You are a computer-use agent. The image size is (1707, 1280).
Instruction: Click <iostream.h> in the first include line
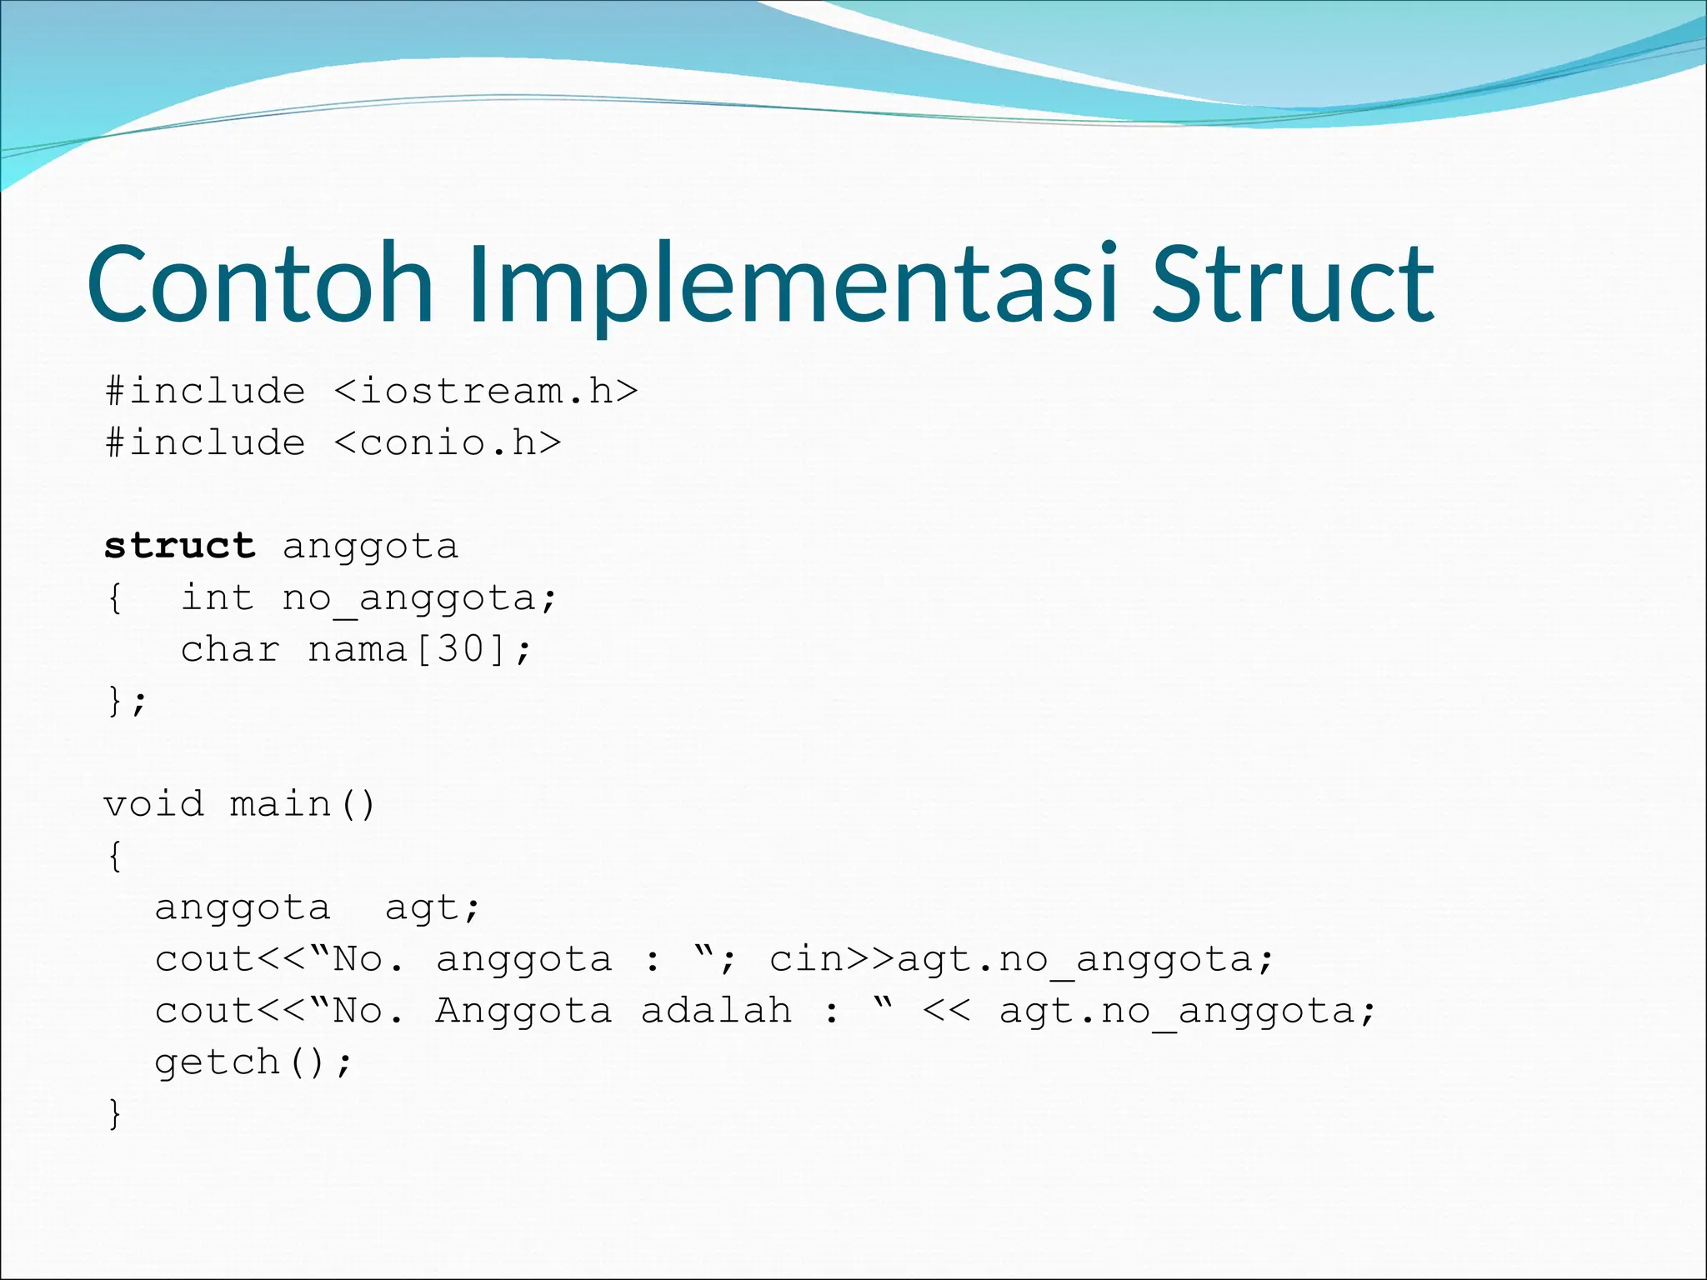tap(486, 392)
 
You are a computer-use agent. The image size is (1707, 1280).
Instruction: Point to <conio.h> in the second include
tap(448, 443)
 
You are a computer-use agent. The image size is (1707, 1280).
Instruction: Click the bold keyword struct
tap(179, 547)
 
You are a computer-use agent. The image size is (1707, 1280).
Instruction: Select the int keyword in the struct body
tap(218, 598)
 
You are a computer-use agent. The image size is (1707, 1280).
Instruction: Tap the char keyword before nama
tap(230, 650)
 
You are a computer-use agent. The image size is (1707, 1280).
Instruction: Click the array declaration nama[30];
tap(418, 650)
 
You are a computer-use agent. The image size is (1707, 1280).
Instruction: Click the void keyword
tap(153, 805)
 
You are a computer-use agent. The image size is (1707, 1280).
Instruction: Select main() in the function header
tap(302, 805)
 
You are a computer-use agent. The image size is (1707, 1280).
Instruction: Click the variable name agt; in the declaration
tap(432, 908)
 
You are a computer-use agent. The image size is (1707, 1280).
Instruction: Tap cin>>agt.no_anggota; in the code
tap(1021, 960)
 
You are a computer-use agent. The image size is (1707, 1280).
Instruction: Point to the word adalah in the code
tap(716, 1012)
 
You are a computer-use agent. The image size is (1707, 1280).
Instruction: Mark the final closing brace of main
tap(115, 1114)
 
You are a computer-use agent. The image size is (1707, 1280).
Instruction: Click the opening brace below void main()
tap(115, 857)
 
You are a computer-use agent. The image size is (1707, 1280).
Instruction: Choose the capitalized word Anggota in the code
tap(523, 1012)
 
